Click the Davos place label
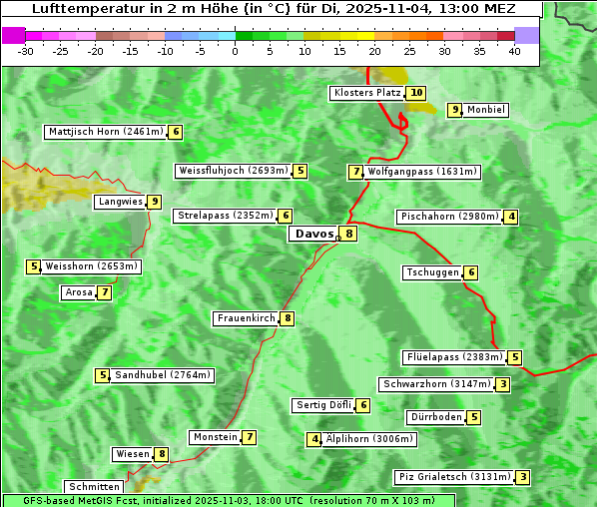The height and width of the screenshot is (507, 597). [x=314, y=234]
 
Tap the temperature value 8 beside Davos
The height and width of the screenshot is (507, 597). [x=348, y=235]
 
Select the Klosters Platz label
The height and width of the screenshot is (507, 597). [x=367, y=93]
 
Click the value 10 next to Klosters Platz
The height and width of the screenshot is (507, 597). [x=416, y=93]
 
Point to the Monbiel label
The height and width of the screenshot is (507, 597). [x=486, y=110]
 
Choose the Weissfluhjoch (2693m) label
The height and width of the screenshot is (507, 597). [x=235, y=171]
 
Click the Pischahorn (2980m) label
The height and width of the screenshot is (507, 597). [x=448, y=217]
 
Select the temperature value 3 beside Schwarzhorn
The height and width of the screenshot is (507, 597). [x=503, y=384]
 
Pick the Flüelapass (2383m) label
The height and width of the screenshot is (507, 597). [x=453, y=357]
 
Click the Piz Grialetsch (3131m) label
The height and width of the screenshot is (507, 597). [x=454, y=477]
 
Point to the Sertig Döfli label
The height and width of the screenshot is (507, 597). [x=324, y=405]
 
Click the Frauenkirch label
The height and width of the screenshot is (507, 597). [x=246, y=318]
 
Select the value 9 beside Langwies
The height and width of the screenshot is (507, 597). [x=155, y=202]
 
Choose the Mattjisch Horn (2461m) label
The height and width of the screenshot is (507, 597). [x=106, y=131]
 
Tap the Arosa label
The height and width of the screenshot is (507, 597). [x=79, y=292]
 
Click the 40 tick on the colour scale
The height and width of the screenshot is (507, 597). [x=514, y=52]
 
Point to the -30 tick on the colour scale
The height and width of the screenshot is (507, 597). [x=26, y=52]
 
